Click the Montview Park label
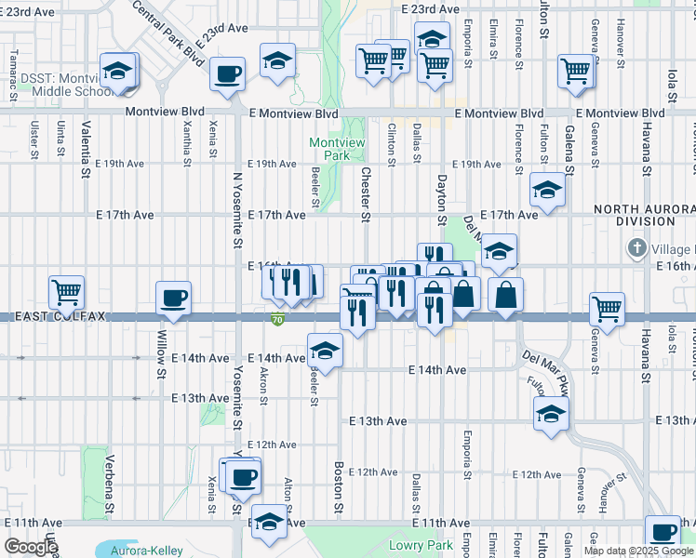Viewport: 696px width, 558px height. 329,149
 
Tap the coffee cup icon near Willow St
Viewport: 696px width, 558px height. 174,299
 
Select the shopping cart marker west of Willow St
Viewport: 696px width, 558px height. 66,293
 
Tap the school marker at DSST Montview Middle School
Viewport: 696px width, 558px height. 118,71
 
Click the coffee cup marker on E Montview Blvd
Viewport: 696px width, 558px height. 227,74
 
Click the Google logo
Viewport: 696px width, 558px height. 31,547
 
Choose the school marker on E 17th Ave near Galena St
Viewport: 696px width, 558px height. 548,191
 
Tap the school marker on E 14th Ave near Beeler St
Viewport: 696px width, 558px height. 325,351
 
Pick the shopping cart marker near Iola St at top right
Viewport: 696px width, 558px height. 576,72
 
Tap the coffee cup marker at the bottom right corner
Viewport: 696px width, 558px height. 663,532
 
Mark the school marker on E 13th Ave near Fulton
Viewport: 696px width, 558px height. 551,415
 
